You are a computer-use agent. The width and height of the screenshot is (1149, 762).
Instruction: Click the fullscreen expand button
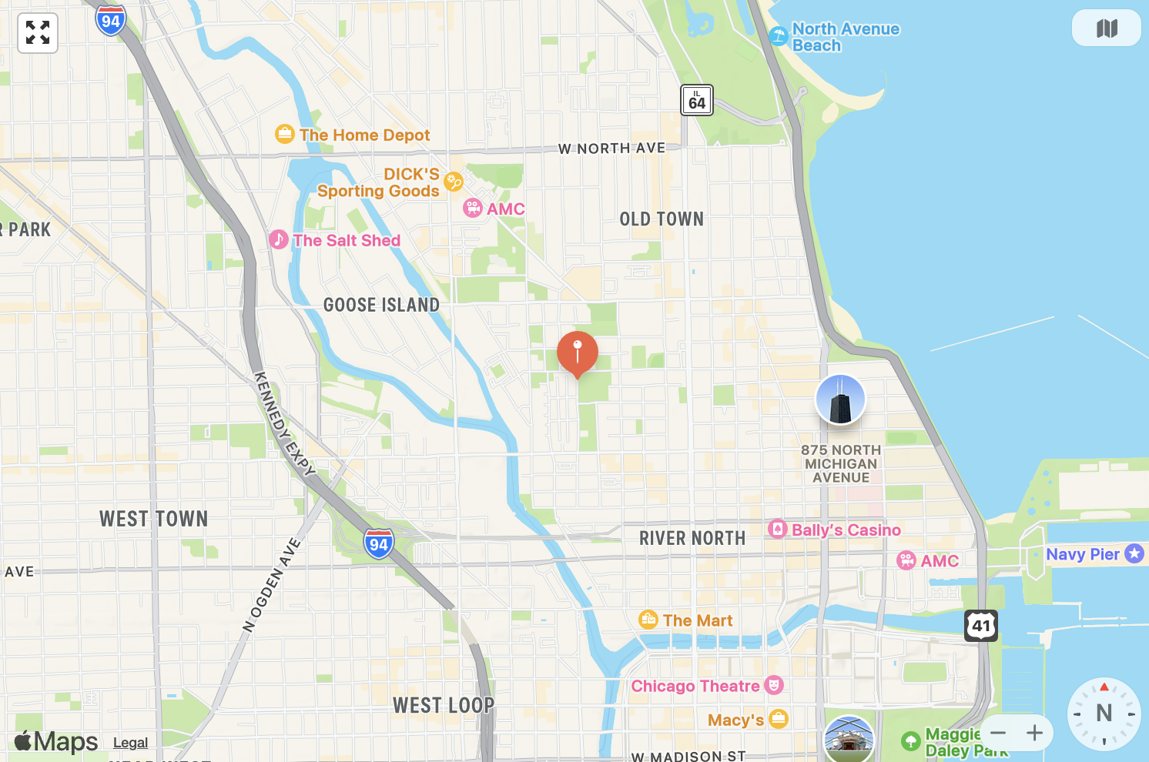[38, 33]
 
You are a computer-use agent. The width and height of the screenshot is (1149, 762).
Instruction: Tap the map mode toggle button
[1106, 29]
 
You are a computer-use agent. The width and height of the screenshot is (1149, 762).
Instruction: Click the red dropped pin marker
[578, 352]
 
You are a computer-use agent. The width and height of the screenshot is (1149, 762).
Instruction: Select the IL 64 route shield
[697, 100]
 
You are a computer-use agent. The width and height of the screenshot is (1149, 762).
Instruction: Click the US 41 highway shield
[981, 626]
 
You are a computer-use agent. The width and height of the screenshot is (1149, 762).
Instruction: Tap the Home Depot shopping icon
[285, 135]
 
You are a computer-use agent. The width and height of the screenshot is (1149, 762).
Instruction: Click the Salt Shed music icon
[279, 239]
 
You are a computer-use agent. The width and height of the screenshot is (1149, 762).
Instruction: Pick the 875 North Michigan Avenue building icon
[840, 399]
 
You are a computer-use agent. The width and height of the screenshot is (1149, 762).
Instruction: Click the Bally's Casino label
[846, 530]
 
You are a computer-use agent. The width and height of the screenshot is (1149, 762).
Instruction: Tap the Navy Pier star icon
[1134, 553]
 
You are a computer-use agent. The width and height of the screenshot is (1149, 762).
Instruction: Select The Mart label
[697, 620]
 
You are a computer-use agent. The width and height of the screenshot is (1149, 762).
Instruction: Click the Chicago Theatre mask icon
[774, 685]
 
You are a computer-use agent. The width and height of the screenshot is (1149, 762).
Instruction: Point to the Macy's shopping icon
[779, 719]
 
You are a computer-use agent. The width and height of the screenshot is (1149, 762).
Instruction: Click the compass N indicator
[1104, 714]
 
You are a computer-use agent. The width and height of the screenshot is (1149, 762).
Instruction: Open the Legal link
[130, 743]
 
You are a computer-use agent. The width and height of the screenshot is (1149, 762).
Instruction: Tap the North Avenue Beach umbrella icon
[779, 35]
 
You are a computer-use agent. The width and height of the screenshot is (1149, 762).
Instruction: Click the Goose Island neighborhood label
[381, 305]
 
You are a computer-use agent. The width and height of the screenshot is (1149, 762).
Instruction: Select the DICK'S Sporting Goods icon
[454, 182]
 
